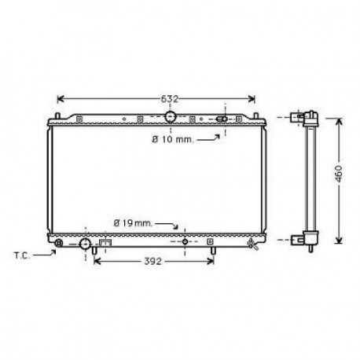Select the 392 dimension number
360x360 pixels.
[154, 262]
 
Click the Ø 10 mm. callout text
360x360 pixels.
[172, 139]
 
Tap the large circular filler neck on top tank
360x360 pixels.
[171, 117]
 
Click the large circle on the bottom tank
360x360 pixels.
[86, 244]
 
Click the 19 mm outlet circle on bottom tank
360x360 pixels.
[186, 241]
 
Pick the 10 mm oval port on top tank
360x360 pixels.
[222, 119]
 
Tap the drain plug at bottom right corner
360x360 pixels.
[252, 244]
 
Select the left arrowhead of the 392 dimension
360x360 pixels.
[97, 262]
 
